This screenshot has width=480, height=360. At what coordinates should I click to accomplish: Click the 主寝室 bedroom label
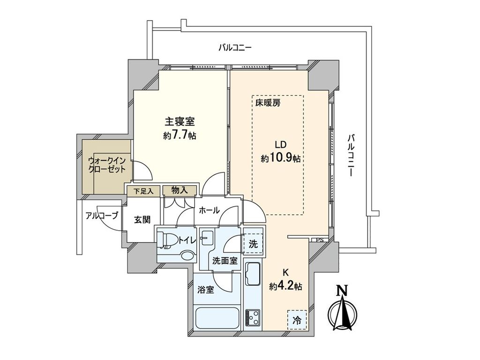180,121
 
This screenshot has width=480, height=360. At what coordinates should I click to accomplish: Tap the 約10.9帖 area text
281,158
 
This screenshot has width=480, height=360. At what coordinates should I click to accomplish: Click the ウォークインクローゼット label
107,165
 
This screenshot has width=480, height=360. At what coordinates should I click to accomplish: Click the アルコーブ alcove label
102,216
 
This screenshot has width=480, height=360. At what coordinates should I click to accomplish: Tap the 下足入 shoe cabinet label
143,191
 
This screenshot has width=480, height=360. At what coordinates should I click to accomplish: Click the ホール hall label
209,210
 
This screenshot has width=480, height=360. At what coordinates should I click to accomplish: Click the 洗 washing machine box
253,244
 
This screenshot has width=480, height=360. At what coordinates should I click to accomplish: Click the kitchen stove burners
254,318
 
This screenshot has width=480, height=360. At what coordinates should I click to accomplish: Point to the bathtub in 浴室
217,319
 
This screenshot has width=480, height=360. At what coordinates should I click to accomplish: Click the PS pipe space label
319,240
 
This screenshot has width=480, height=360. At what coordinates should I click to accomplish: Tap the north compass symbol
343,310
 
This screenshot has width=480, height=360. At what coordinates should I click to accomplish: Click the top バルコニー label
235,47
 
